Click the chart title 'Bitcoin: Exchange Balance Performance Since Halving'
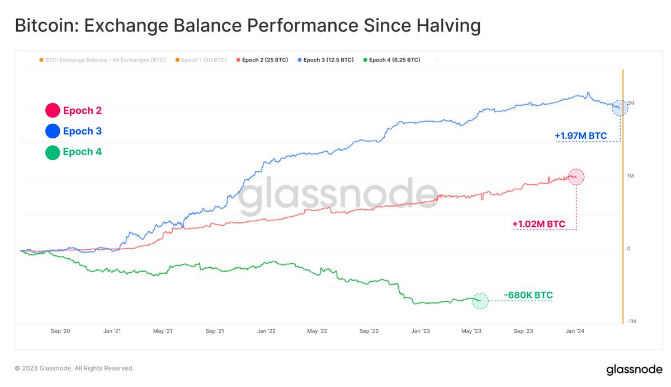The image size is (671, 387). (x=247, y=26)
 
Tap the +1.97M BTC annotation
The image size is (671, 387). (x=580, y=136)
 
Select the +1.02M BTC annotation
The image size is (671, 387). (x=538, y=224)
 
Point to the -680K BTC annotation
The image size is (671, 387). (x=528, y=295)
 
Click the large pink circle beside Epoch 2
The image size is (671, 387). (x=53, y=111)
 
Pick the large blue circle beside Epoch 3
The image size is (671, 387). (x=53, y=132)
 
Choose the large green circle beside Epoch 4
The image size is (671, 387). (x=53, y=152)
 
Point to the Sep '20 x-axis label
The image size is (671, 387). (x=60, y=332)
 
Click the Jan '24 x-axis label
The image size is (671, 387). (x=575, y=332)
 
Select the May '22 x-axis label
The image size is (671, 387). (x=316, y=332)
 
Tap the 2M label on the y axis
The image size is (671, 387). (x=631, y=104)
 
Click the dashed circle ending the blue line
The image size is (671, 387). (x=620, y=108)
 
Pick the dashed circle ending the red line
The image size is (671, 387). (x=576, y=177)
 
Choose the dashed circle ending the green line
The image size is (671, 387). (x=480, y=301)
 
